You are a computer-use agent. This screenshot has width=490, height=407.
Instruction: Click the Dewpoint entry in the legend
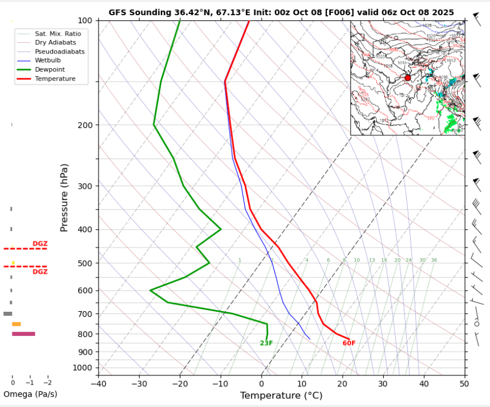point(50,69)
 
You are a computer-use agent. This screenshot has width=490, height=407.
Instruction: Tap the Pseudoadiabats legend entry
point(60,51)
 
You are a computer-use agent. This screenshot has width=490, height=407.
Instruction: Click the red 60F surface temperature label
point(349,343)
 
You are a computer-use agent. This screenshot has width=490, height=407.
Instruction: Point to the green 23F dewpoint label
point(266,343)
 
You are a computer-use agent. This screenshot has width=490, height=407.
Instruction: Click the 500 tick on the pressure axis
point(86,263)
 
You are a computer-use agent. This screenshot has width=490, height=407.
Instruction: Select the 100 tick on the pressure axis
point(86,21)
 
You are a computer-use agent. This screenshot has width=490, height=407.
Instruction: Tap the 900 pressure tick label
point(86,352)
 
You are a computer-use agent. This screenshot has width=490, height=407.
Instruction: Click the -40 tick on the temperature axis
point(98,384)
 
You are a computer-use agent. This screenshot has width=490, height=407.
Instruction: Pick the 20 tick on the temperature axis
point(342,384)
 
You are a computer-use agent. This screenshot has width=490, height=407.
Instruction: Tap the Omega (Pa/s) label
point(30,394)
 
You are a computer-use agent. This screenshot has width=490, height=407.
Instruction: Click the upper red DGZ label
point(40,244)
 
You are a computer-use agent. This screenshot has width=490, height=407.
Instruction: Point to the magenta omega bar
point(24,334)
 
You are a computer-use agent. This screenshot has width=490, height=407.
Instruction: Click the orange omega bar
point(16,324)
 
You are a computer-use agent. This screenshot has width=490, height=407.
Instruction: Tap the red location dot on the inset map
point(408,78)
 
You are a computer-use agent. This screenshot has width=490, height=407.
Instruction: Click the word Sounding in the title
point(142,12)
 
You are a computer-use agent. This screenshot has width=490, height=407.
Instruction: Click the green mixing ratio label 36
point(434,260)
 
